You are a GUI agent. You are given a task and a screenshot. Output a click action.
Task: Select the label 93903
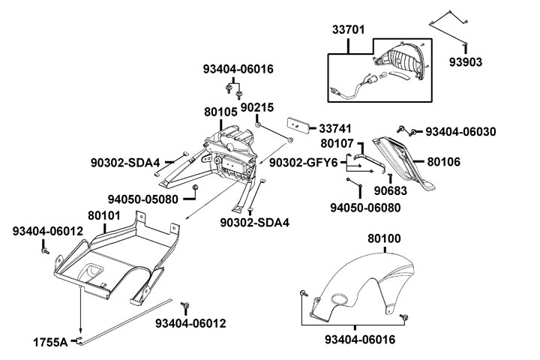(466, 60)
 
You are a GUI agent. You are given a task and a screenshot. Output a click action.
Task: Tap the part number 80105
(220, 112)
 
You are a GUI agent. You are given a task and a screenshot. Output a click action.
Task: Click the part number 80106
(444, 161)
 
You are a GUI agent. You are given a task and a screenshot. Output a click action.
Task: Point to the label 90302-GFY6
(307, 162)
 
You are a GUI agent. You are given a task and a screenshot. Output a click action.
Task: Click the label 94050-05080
(142, 199)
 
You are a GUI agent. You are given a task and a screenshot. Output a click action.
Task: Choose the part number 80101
(105, 215)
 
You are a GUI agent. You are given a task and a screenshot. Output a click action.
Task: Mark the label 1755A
(49, 343)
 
